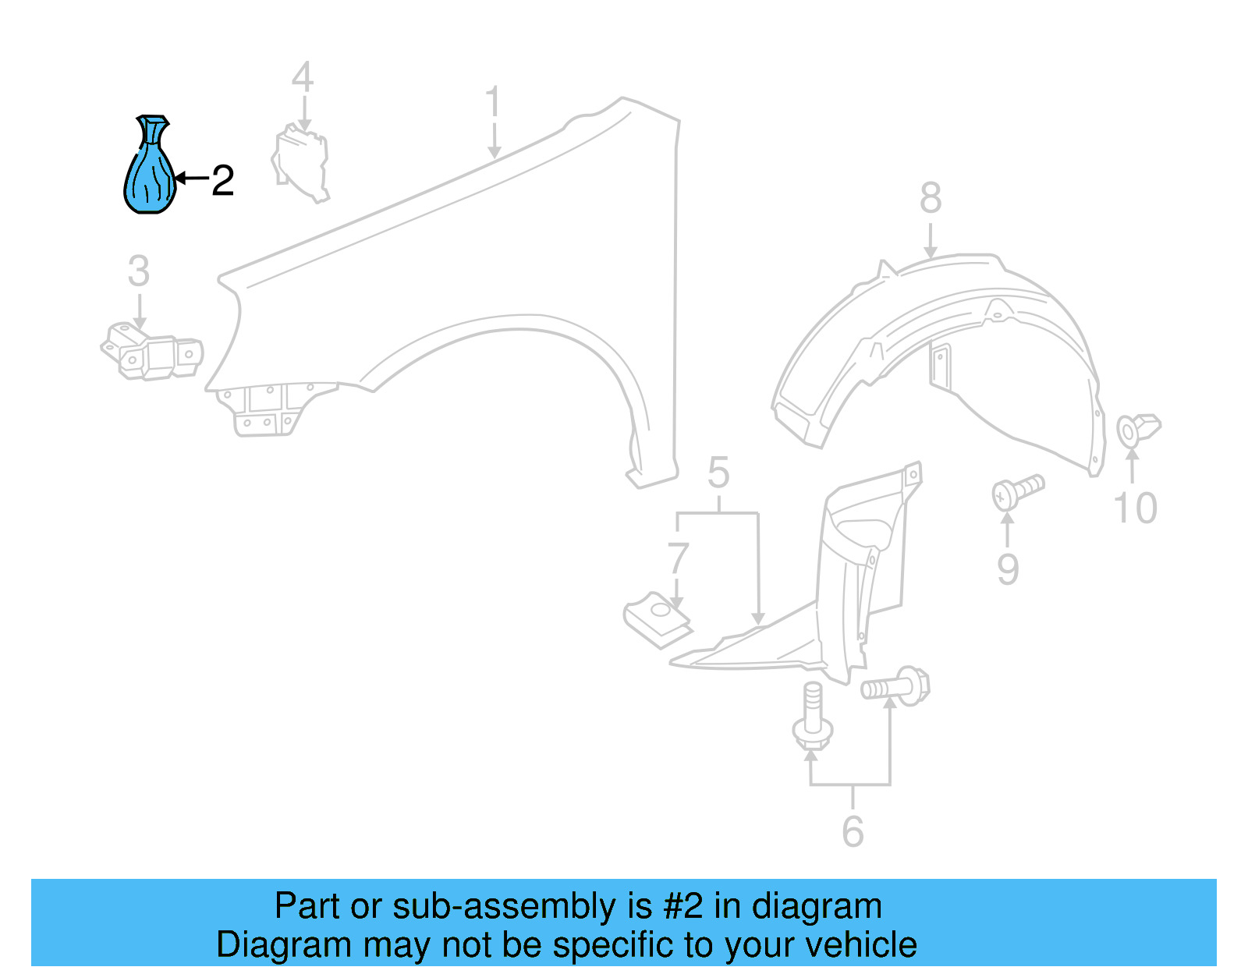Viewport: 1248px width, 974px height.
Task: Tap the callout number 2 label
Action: click(x=222, y=181)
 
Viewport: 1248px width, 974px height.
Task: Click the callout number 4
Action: click(x=303, y=77)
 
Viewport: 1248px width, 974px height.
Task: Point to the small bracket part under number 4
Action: click(x=301, y=165)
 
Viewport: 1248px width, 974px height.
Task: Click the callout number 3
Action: click(x=139, y=271)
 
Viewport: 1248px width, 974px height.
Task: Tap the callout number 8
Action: click(x=930, y=198)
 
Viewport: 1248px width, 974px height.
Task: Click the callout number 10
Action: click(x=1135, y=508)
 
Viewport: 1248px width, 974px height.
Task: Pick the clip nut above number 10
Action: click(x=1138, y=430)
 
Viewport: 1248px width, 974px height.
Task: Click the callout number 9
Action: click(x=1007, y=568)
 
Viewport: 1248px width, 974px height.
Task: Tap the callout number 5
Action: click(x=718, y=473)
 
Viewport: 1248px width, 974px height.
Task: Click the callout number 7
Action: click(x=677, y=558)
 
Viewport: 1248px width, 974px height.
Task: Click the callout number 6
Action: click(x=853, y=831)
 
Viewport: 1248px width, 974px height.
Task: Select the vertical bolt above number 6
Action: click(x=812, y=717)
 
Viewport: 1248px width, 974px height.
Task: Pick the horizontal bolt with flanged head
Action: click(x=895, y=687)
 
